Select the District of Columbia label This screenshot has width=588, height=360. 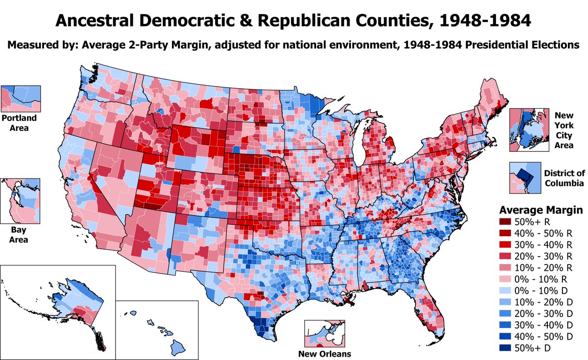(x=564, y=178)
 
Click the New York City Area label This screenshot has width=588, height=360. (x=563, y=129)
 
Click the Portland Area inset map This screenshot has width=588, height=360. (x=21, y=98)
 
